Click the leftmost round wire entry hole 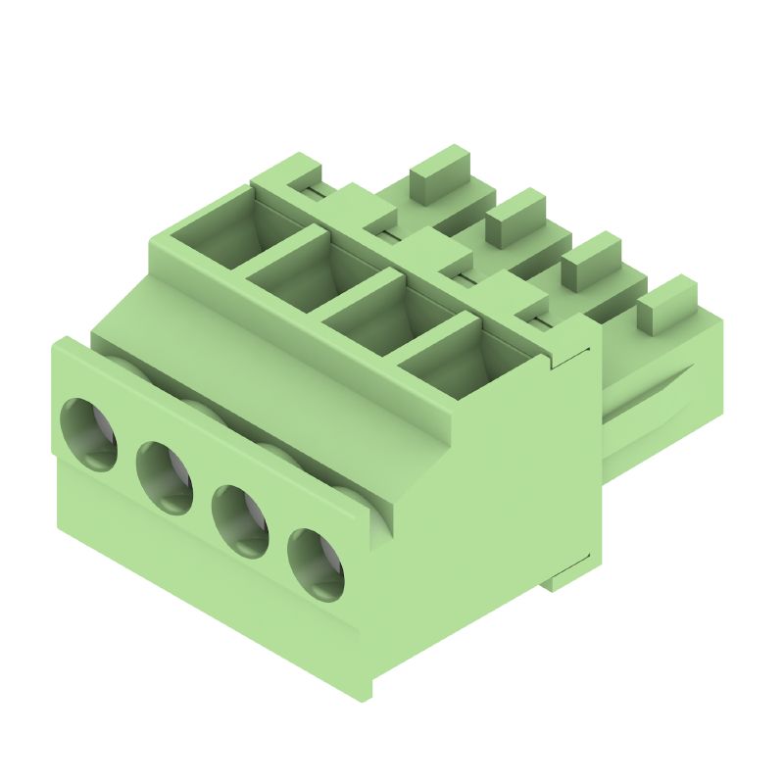tap(89, 434)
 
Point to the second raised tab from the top tap(515, 218)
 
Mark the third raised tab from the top tap(591, 262)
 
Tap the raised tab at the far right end tap(666, 304)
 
